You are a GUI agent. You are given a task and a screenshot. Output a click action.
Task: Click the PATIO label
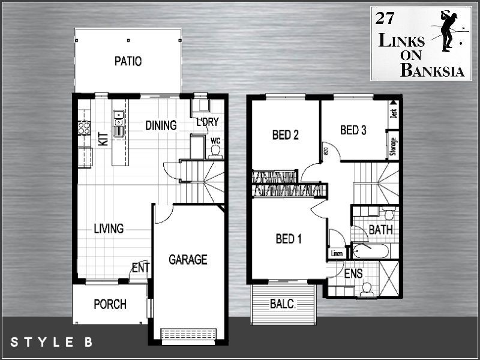[128, 61]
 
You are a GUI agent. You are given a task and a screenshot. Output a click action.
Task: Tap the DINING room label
[161, 125]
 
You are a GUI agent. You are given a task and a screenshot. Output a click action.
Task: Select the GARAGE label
[188, 260]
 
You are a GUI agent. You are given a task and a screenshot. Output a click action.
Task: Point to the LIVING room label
[109, 229]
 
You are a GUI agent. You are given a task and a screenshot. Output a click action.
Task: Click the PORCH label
[110, 304]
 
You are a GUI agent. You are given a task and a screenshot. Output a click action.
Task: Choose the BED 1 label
[289, 239]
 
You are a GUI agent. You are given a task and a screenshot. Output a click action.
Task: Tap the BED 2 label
[286, 135]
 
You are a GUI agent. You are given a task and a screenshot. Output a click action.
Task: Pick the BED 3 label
[353, 130]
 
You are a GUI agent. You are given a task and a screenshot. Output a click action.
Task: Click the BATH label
[380, 230]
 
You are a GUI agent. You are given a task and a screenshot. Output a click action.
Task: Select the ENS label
[353, 274]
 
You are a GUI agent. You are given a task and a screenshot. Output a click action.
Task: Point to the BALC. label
[283, 304]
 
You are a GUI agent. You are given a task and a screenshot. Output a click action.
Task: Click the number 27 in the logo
[384, 18]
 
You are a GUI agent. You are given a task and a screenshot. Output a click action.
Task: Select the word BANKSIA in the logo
[432, 71]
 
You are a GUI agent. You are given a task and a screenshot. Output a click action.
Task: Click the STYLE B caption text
[52, 343]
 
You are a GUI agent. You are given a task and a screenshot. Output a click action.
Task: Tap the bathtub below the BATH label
[371, 250]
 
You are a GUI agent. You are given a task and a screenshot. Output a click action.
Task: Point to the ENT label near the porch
[140, 268]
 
